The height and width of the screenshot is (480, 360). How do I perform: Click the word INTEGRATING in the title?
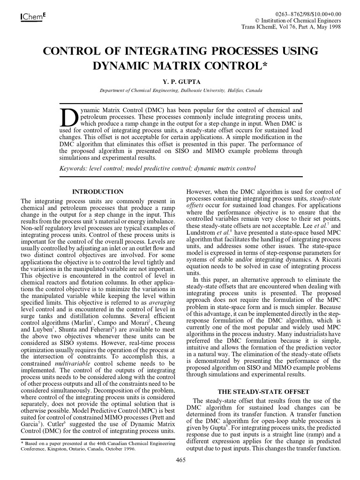(164, 51)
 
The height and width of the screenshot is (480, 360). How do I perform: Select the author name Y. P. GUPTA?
(180, 81)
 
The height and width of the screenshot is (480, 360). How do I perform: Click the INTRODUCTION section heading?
(97, 192)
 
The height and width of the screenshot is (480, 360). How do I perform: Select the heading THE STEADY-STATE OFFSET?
(263, 391)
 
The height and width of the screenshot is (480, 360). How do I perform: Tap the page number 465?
(180, 460)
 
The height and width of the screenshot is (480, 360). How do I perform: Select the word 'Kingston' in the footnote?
(65, 449)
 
